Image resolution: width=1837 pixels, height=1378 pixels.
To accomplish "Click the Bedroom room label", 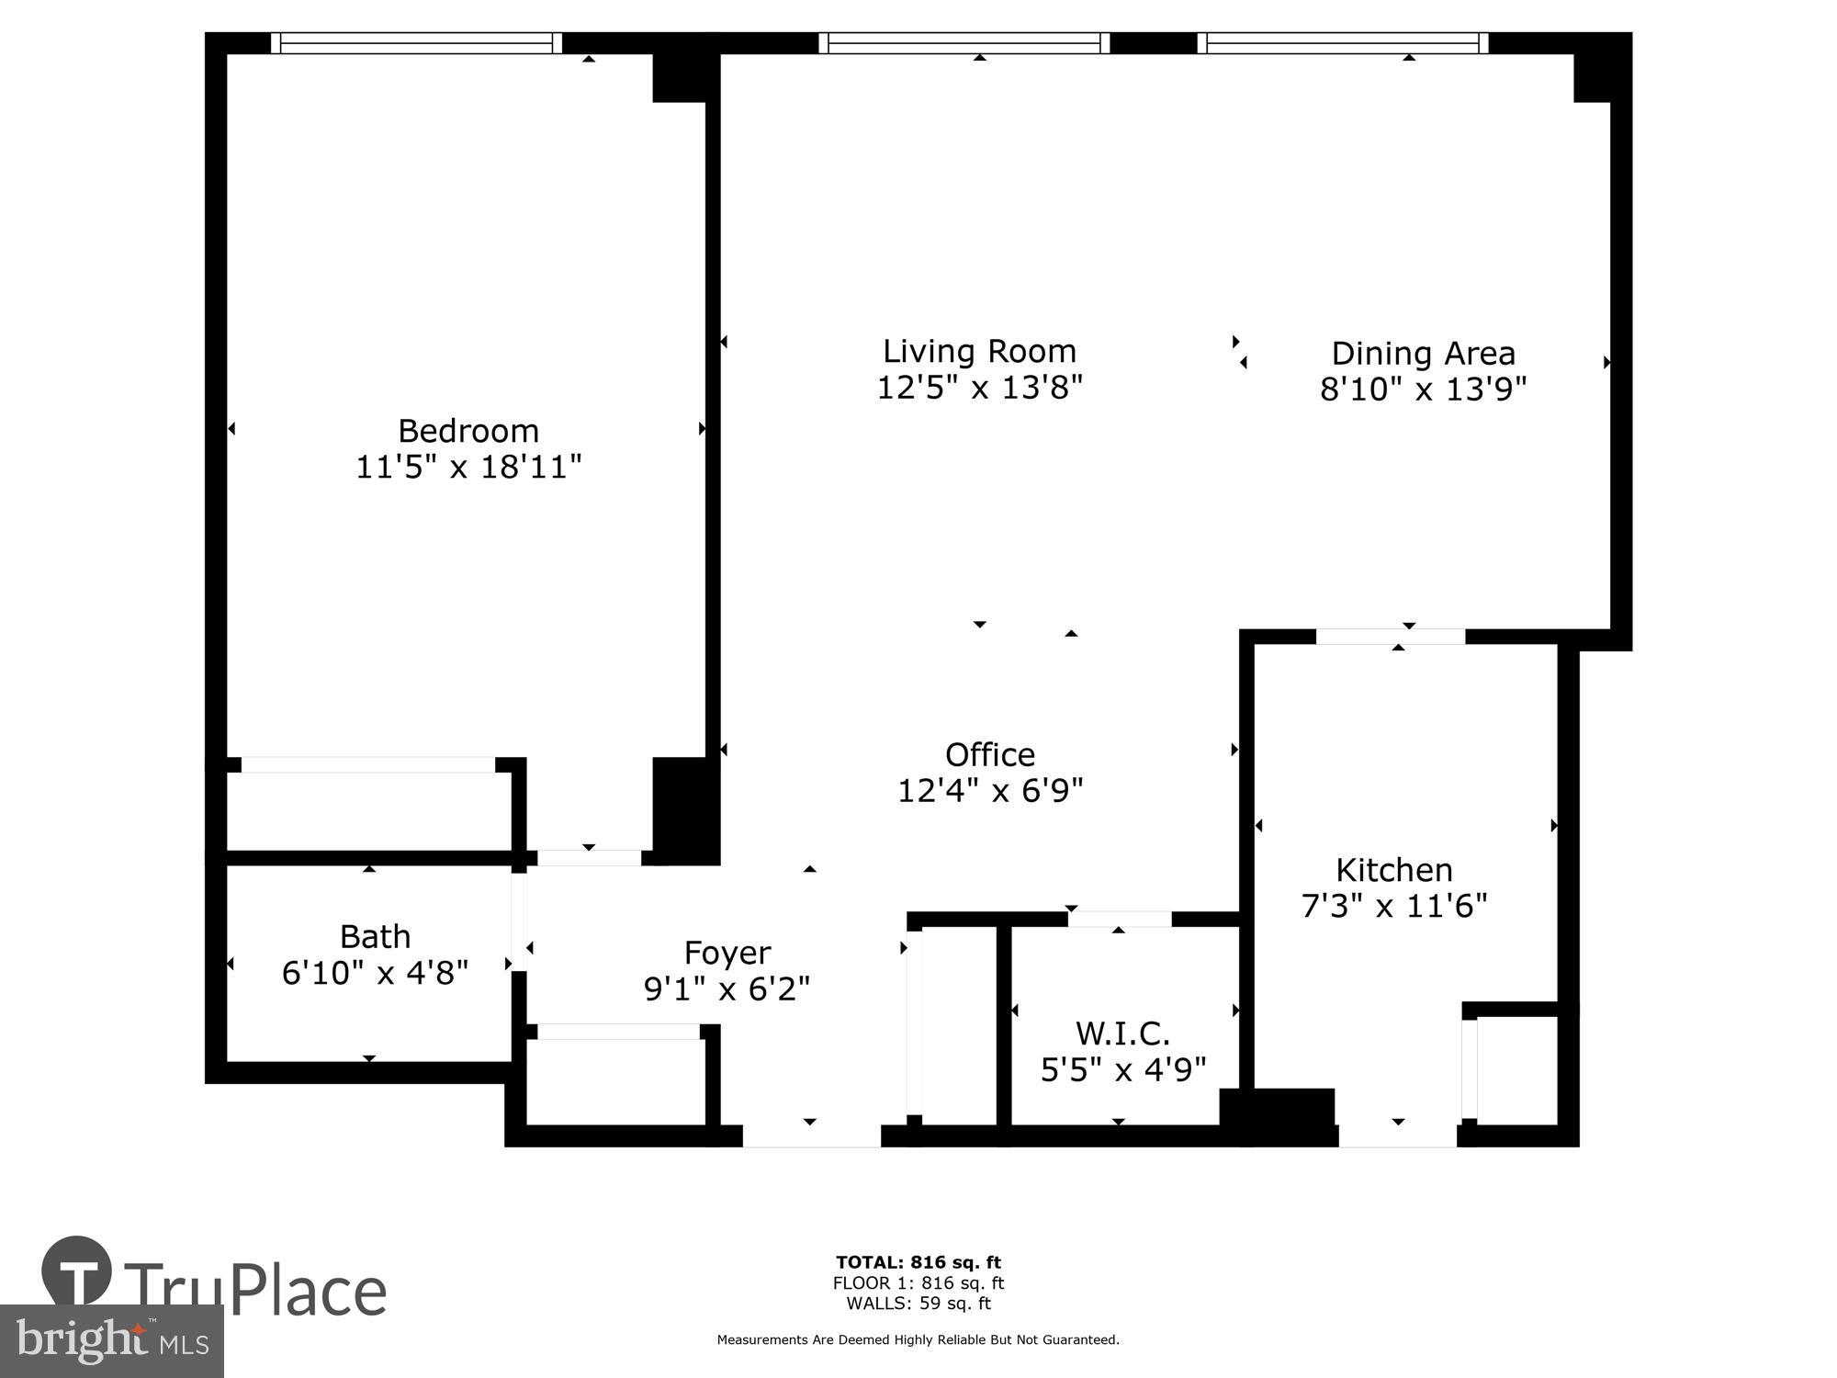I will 468,430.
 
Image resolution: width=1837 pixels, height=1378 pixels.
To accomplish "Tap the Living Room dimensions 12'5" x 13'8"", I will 979,388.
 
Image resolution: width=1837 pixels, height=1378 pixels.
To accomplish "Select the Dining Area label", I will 1423,353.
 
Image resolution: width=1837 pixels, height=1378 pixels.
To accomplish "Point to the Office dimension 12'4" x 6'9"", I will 990,790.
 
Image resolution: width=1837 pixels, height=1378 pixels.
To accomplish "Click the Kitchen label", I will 1393,869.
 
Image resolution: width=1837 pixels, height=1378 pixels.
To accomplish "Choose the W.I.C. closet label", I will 1122,1033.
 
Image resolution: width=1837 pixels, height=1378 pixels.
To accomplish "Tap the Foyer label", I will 727,953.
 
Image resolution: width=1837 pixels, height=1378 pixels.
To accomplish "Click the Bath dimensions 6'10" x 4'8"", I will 375,973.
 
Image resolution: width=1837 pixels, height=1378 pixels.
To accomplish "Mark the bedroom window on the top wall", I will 416,43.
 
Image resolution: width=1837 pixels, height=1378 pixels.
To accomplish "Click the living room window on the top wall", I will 964,43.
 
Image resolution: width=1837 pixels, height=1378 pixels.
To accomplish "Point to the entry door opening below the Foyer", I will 811,1136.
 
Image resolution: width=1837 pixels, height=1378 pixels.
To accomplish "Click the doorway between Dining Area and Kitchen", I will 1390,636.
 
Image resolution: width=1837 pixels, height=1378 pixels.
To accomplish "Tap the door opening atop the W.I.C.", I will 1119,919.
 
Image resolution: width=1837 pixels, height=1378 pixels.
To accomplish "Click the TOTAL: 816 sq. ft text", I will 918,1262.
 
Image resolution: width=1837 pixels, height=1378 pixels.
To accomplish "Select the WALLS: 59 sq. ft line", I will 918,1303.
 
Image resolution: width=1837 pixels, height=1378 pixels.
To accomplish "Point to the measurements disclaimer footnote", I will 918,1340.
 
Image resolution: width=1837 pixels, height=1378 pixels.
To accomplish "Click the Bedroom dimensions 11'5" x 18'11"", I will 468,467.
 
